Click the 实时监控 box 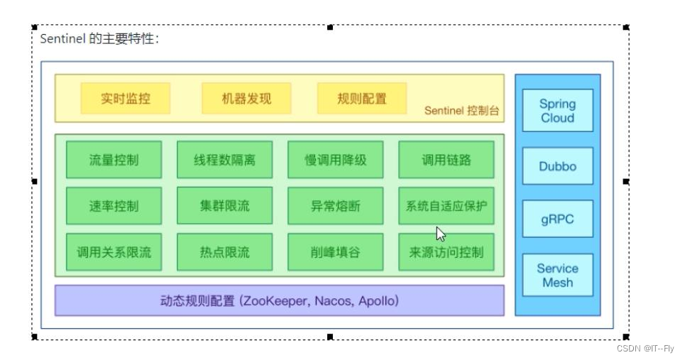pos(126,99)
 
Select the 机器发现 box pos(246,99)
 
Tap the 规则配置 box pos(362,99)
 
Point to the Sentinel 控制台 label pos(462,111)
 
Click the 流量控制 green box pos(114,159)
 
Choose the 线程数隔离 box pos(224,159)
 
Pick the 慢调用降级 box pos(336,159)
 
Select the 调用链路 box pos(446,159)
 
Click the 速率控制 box pos(114,206)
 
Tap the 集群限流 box pos(224,206)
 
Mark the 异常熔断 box pos(336,206)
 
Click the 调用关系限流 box pos(114,252)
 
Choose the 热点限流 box pos(224,252)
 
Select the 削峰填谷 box pos(336,252)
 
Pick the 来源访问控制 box pos(446,252)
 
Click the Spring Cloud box pos(557,110)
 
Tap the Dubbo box pos(557,166)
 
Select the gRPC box pos(557,219)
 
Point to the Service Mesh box pos(557,276)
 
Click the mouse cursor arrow pos(440,234)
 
